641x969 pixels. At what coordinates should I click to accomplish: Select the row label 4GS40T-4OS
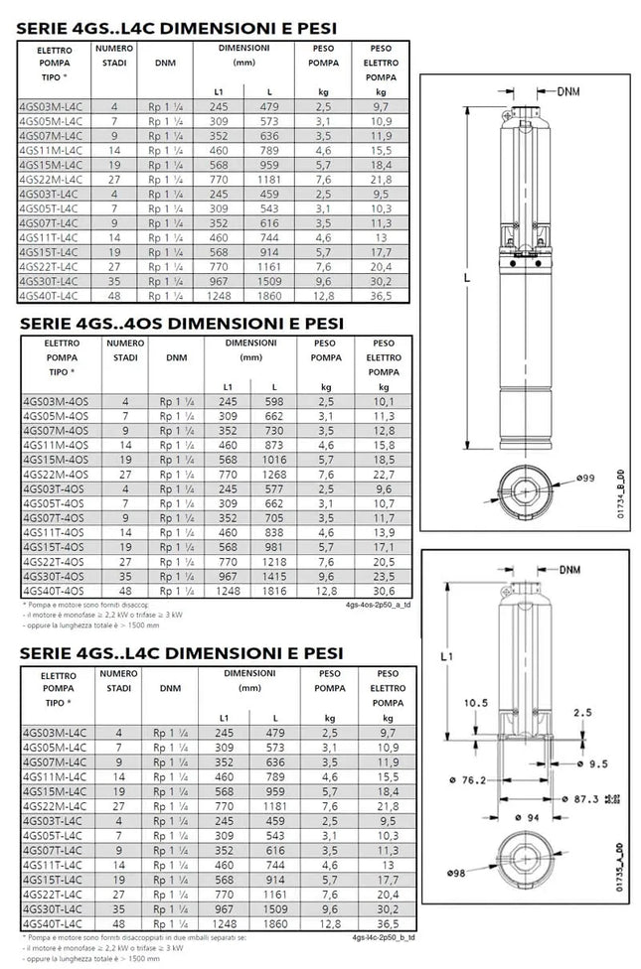(54, 590)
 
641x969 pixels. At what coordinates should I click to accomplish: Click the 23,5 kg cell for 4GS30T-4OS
(381, 575)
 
